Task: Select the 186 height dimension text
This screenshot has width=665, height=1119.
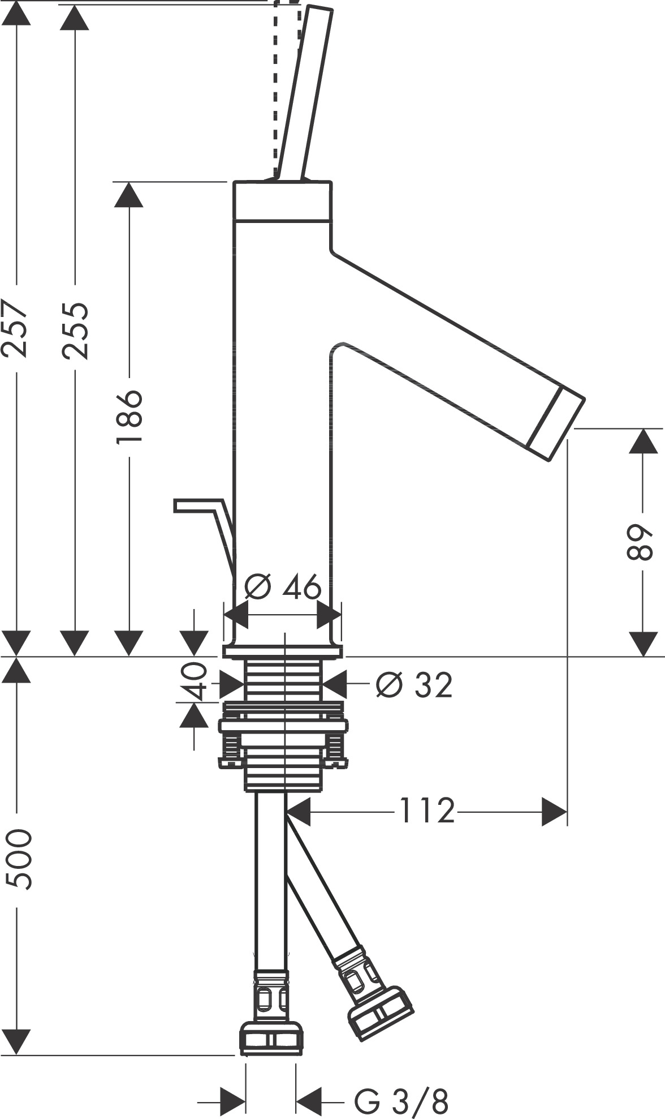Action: click(129, 417)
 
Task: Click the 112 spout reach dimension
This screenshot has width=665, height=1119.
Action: click(427, 811)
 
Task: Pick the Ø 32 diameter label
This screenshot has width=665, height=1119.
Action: click(414, 685)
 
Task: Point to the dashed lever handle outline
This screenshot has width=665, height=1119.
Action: click(275, 91)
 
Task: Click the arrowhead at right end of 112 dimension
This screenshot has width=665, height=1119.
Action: click(554, 811)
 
